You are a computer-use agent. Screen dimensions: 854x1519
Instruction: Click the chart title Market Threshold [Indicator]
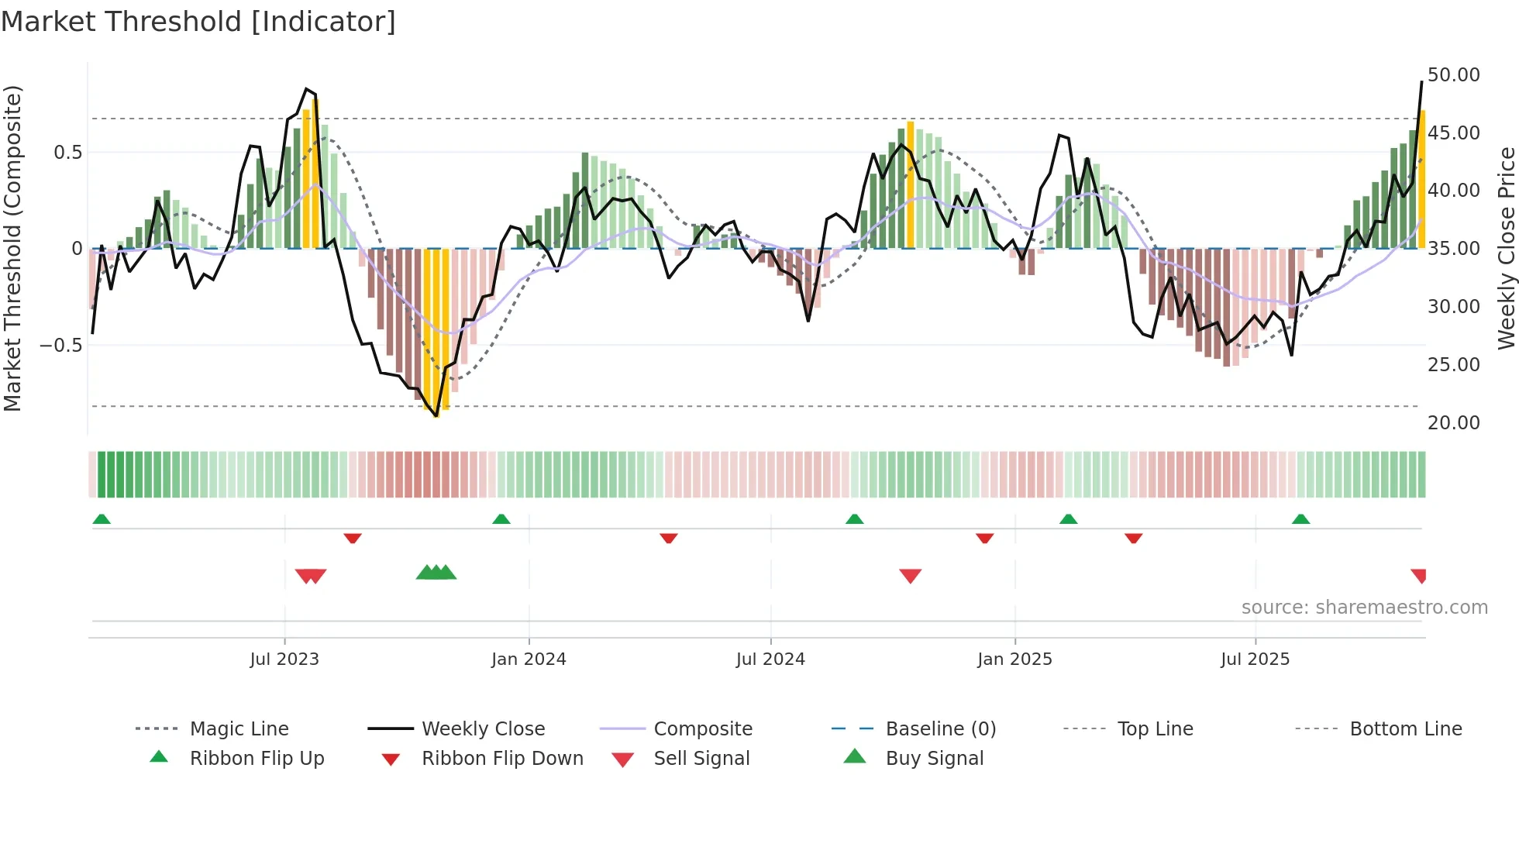click(x=198, y=22)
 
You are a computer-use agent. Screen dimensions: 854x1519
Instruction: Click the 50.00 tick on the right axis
click(x=1453, y=75)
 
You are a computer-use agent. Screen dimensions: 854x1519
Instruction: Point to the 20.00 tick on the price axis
click(x=1453, y=422)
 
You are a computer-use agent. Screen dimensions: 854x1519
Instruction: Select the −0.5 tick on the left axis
click(x=60, y=345)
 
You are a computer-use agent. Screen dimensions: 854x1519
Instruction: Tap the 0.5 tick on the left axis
click(x=67, y=152)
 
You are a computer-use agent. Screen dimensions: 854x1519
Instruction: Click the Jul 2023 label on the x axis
click(x=284, y=659)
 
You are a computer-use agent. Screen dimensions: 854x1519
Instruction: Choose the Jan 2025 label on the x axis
click(x=1014, y=659)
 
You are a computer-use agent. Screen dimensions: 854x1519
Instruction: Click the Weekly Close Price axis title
click(x=1506, y=248)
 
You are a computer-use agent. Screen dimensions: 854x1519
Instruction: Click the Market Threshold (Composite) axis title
click(x=12, y=248)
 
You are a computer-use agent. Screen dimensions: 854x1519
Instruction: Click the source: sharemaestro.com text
click(x=1364, y=607)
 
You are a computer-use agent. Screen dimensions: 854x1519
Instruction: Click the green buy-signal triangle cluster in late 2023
click(x=436, y=573)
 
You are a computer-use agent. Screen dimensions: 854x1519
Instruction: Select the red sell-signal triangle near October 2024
click(x=910, y=576)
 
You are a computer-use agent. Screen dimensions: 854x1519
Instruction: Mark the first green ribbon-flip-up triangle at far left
click(x=102, y=519)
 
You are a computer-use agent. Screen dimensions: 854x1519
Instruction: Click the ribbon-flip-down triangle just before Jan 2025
click(x=984, y=538)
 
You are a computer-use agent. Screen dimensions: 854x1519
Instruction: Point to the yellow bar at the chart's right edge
click(x=1421, y=178)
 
